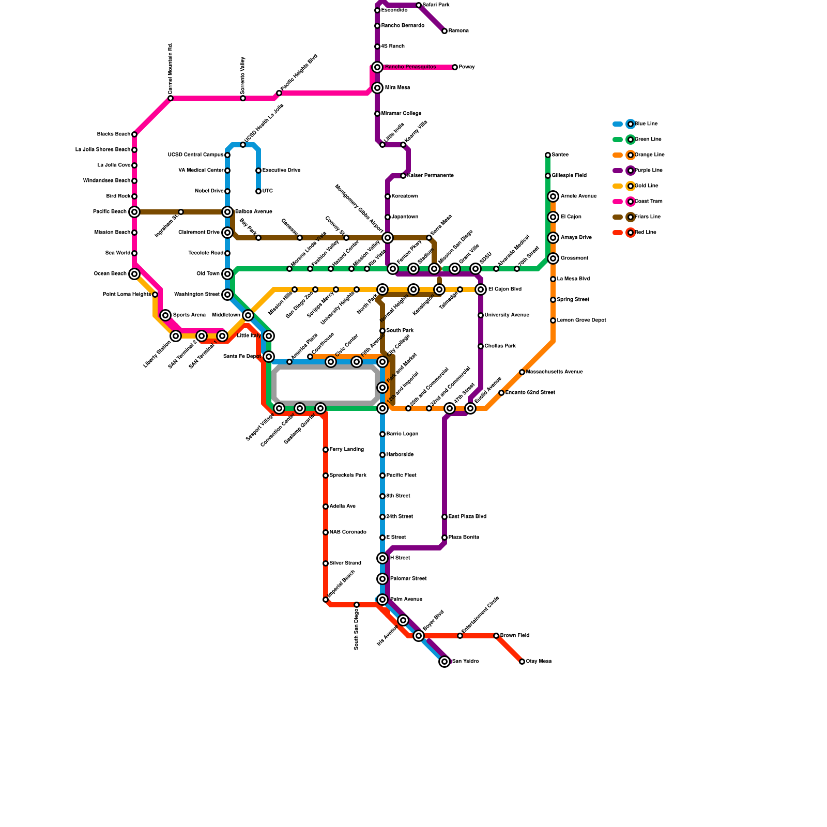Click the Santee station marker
pos(548,155)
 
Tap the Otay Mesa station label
pos(539,662)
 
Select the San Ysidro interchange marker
pos(445,662)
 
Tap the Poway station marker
pos(455,67)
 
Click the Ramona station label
pos(458,31)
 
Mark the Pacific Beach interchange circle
pos(134,212)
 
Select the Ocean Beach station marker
pos(134,274)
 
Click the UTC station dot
pos(258,191)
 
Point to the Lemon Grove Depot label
pos(581,320)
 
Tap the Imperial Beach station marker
pos(326,600)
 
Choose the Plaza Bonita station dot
pos(445,538)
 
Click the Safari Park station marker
pos(419,5)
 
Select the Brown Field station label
pos(515,636)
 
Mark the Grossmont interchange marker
pos(553,258)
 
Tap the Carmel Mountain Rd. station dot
pos(171,98)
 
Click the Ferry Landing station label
pos(347,450)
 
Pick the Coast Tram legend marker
pos(631,202)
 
